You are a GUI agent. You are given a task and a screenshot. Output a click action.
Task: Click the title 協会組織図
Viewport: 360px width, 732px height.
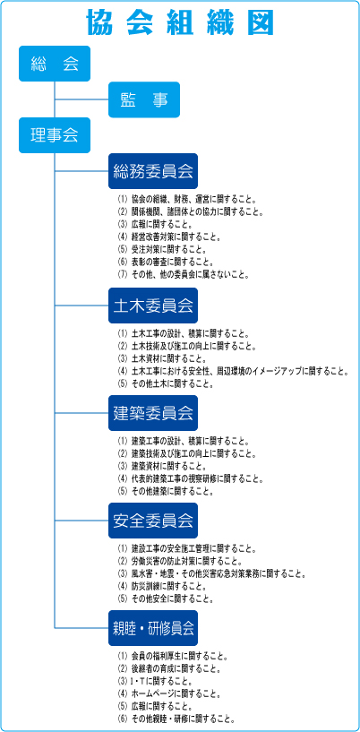[181, 22]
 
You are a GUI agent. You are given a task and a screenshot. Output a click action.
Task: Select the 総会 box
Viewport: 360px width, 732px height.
[55, 64]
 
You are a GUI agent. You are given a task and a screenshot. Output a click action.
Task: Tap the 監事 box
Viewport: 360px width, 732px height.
[144, 99]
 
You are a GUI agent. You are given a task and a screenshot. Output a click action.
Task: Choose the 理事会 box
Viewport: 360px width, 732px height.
[55, 135]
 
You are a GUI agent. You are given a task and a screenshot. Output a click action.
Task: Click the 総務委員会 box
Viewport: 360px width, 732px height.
[153, 171]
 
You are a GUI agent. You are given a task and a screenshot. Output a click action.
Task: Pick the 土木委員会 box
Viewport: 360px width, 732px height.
[153, 306]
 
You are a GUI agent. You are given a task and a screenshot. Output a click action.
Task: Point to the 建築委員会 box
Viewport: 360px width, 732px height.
[153, 413]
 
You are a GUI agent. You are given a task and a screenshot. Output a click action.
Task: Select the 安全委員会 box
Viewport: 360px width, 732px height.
[153, 521]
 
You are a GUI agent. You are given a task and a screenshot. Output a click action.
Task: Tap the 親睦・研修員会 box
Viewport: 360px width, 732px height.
[153, 628]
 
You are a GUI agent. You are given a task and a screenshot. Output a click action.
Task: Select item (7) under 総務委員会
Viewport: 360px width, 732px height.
[184, 275]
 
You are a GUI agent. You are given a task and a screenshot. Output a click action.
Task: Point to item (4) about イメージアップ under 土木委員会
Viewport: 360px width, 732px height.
[233, 372]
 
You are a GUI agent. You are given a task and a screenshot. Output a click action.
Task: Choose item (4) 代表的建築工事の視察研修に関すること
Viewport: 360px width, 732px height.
[191, 479]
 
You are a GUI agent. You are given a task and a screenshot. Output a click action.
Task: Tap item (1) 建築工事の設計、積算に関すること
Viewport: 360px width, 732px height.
[184, 441]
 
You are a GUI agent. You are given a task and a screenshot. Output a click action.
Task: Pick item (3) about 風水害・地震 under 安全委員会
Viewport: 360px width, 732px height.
[212, 573]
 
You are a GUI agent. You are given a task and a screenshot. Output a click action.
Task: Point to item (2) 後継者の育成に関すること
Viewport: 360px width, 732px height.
[169, 669]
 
